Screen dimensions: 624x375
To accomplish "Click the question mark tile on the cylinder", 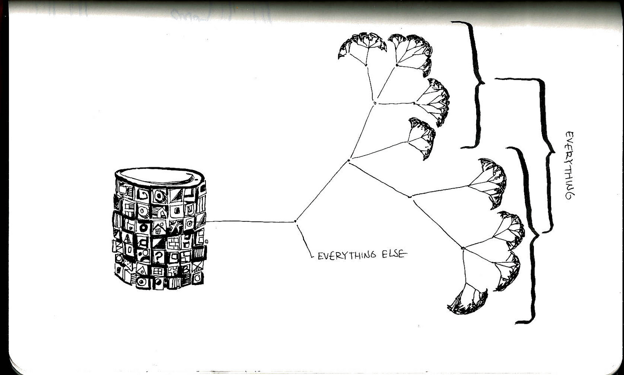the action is [x=159, y=256].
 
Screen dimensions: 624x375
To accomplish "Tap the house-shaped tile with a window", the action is [x=159, y=228].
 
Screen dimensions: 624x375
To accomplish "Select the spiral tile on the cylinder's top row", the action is [x=142, y=194].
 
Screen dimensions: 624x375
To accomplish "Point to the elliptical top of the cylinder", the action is [x=160, y=177].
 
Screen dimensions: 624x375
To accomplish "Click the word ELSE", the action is [x=394, y=255].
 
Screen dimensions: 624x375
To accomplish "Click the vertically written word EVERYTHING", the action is [x=570, y=165].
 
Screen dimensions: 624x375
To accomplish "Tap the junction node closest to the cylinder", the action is [x=295, y=221].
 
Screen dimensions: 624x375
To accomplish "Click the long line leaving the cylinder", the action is [x=250, y=221].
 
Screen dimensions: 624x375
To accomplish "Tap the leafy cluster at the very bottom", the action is [x=468, y=303].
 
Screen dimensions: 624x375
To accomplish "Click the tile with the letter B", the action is [x=186, y=269].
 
